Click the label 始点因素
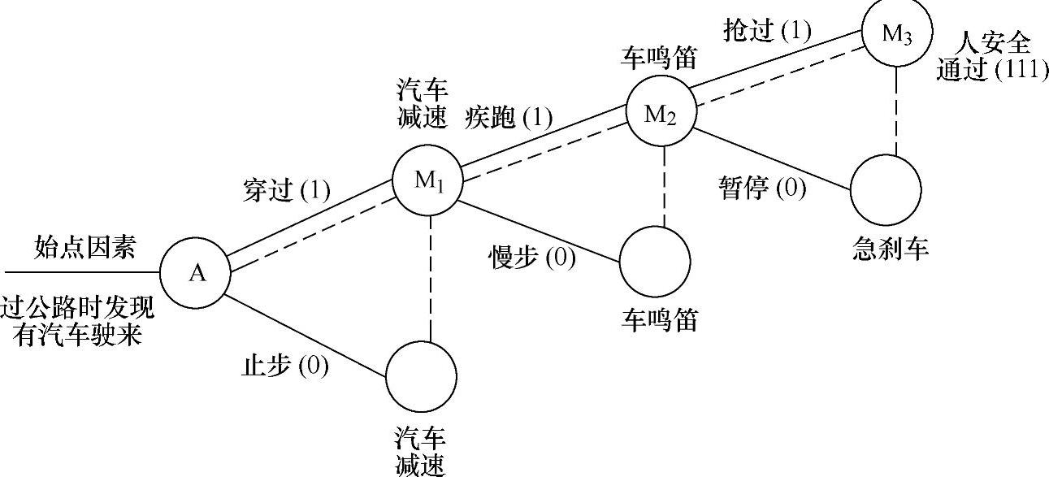pos(85,248)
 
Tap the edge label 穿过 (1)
pos(287,191)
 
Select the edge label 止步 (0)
pos(285,366)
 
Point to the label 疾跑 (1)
pos(509,118)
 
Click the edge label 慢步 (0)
pos(531,258)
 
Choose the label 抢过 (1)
pos(767,31)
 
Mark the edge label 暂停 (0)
pos(762,189)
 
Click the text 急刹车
pos(891,249)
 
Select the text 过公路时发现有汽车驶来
pos(77,321)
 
